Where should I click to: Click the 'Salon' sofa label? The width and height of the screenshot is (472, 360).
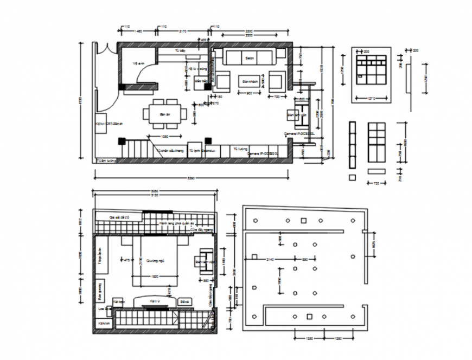(x=250, y=58)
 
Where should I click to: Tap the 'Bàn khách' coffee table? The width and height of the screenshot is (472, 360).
(x=249, y=81)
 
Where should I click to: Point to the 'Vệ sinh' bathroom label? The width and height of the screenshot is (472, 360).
(x=138, y=63)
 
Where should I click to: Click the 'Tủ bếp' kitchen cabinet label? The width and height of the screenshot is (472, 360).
(x=180, y=50)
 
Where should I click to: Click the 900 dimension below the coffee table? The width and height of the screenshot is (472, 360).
(x=249, y=93)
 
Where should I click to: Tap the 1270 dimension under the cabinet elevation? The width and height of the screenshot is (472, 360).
(x=372, y=98)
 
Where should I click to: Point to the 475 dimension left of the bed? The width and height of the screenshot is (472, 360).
(x=126, y=260)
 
